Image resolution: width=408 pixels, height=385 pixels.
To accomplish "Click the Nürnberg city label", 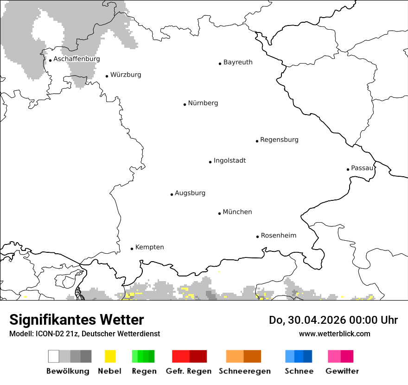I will pos(203,103).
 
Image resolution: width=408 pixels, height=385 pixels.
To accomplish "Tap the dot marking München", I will pos(219,213).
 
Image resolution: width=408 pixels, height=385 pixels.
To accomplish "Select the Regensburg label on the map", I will pos(279,140).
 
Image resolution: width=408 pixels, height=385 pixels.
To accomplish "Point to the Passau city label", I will pos(362,168).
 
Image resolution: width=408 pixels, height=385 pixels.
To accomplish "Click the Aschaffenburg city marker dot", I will pos(50,60).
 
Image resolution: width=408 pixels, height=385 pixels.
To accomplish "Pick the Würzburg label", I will pos(126,75).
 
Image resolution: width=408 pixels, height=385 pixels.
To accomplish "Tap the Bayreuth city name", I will pos(238,62).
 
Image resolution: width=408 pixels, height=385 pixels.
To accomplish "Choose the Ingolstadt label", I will pos(229,160).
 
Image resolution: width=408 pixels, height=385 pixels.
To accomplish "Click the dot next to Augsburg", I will pos(172,194).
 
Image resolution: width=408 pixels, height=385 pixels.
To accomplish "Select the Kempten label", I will pos(149,247).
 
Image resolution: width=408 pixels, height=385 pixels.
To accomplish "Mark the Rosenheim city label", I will pos(278,236).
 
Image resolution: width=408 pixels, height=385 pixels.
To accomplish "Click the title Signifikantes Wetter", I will pos(76,320).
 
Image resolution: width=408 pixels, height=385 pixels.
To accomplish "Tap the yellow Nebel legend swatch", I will pos(110,356).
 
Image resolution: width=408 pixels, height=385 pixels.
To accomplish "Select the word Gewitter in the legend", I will pos(342,371).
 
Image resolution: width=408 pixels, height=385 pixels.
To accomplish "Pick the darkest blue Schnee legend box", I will pos(307,356).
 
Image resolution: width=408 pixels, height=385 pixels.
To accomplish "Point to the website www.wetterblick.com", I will pos(334,334).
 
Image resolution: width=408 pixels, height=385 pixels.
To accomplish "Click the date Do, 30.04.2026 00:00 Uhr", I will pos(333,320).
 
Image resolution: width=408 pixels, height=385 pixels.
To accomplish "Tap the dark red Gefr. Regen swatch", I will pos(198,356).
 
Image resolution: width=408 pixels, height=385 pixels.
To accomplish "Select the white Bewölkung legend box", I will pos(54,356).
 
